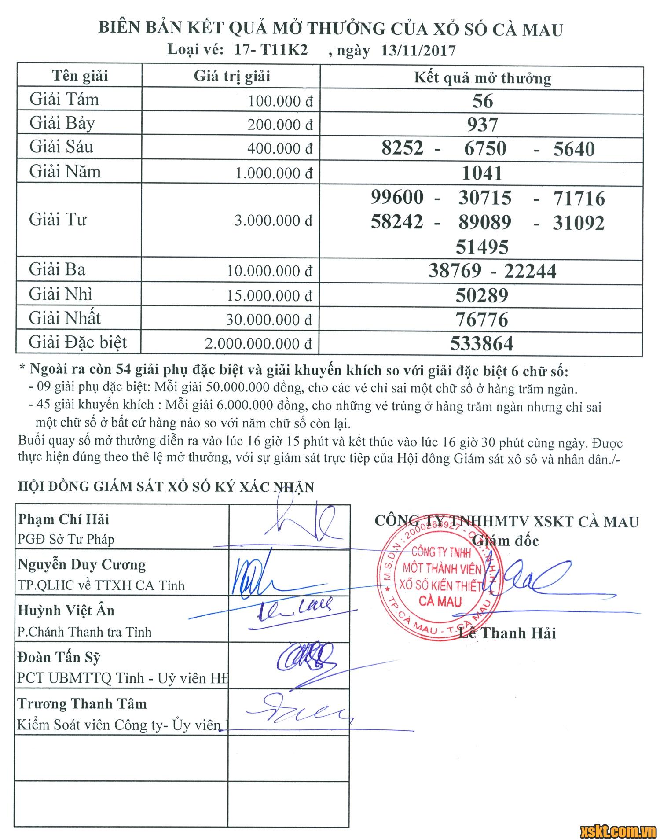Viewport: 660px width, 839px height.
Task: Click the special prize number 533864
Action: [x=481, y=343]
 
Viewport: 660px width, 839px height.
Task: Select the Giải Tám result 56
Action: [x=482, y=101]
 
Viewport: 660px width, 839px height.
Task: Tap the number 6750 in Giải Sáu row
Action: [x=485, y=149]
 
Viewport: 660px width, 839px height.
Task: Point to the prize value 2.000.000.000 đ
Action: [x=258, y=344]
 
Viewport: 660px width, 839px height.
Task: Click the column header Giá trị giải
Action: [x=231, y=76]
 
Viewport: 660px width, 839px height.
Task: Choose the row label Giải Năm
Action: [x=65, y=172]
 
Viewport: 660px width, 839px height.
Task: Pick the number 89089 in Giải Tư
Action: [x=485, y=222]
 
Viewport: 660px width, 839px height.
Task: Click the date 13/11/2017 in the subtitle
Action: [x=418, y=51]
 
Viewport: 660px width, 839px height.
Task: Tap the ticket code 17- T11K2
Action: [x=271, y=49]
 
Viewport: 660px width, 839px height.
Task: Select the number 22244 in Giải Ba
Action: [x=530, y=271]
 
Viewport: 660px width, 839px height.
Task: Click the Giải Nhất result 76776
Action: [x=482, y=320]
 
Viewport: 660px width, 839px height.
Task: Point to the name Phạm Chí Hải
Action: [x=63, y=519]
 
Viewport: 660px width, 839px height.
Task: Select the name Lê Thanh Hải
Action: [x=507, y=633]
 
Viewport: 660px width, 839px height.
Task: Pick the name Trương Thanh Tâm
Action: [x=82, y=703]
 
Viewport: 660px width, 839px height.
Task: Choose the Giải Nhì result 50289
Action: [x=482, y=295]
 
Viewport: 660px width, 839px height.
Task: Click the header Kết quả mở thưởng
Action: [x=482, y=78]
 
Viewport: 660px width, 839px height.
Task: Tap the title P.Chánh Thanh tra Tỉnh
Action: [x=84, y=632]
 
